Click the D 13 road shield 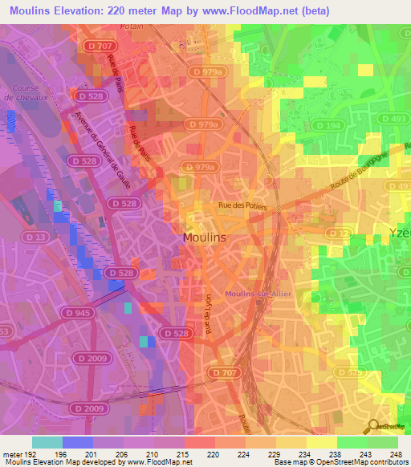tap(35, 237)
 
